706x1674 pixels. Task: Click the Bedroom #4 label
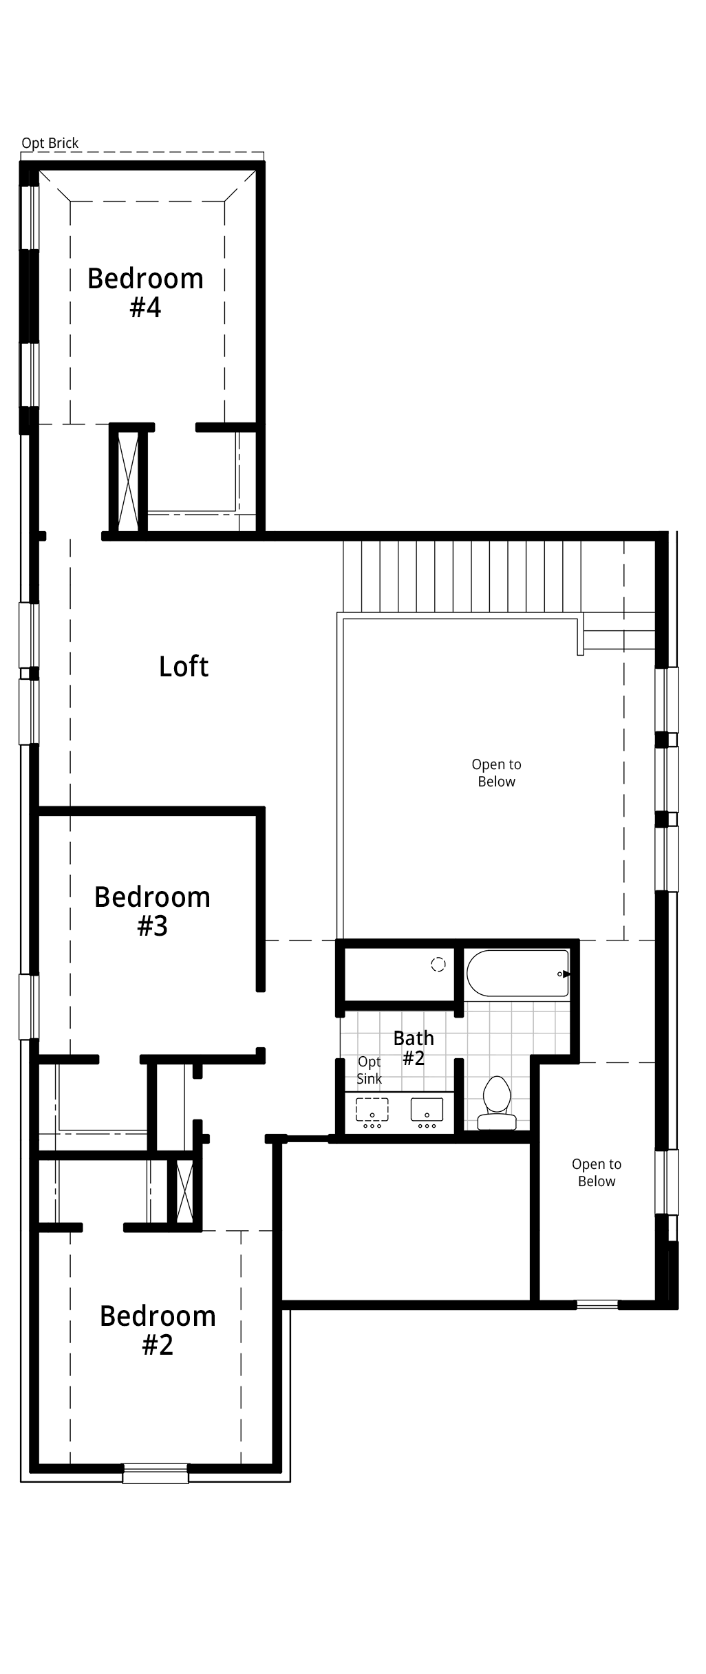coord(145,293)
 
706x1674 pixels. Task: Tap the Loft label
coord(184,666)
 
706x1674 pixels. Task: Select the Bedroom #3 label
coord(152,912)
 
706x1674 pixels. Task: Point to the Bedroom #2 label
coord(158,1330)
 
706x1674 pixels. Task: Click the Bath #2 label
coord(414,1048)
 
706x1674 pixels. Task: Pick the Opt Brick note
coord(50,143)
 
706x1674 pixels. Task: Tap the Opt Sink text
coord(369,1071)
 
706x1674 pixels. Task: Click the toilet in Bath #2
coord(497,1104)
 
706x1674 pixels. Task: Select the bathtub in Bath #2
coord(518,973)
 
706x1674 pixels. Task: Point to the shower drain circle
coord(438,965)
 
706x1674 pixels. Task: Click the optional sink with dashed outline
coord(372,1110)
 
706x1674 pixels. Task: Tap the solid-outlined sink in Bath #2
coord(427,1110)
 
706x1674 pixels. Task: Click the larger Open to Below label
coord(496,773)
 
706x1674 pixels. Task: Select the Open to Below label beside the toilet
coord(597,1172)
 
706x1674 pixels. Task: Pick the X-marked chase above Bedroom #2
coord(184,1191)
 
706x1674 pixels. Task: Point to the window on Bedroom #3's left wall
coord(28,1007)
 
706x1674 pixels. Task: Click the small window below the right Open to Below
coord(597,1303)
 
